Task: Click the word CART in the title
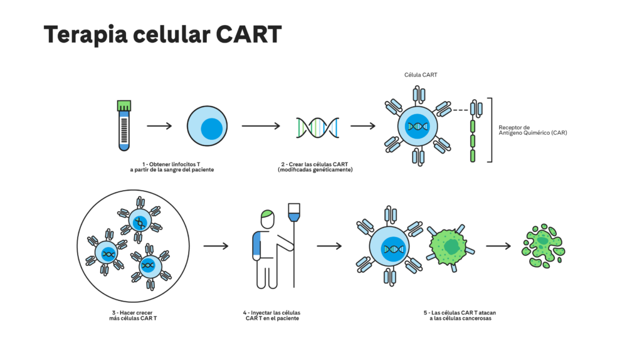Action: click(248, 34)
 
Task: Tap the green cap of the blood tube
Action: click(124, 105)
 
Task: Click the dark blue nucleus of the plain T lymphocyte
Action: click(212, 129)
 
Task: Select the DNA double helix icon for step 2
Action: click(317, 127)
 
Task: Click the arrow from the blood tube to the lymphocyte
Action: click(159, 125)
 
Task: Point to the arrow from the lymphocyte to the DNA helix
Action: click(261, 125)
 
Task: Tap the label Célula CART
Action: click(421, 75)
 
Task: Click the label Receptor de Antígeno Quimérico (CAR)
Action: click(533, 130)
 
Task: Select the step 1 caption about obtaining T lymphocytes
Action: click(172, 167)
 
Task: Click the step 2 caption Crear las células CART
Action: click(315, 167)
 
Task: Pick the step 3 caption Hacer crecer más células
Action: click(133, 315)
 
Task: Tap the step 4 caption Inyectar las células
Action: click(272, 315)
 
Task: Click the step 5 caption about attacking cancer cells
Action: click(460, 315)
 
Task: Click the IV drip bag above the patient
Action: click(294, 213)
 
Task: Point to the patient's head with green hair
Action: click(267, 219)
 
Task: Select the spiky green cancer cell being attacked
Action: click(450, 247)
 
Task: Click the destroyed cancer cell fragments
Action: click(544, 246)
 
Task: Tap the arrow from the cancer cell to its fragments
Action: click(498, 246)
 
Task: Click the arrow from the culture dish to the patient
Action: click(216, 246)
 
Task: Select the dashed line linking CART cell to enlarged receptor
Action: click(460, 110)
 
